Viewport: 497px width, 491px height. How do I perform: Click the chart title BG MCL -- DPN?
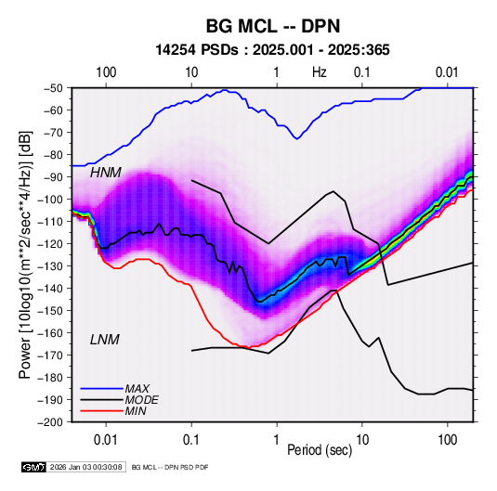273,26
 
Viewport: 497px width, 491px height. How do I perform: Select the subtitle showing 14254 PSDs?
272,50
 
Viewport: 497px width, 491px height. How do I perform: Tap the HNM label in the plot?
106,173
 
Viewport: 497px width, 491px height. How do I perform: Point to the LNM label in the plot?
105,340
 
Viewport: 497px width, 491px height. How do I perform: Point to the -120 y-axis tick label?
53,244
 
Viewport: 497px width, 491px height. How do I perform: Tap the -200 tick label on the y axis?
53,422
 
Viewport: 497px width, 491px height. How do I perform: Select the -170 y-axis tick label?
53,355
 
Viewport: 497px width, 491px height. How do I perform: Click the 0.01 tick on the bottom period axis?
106,440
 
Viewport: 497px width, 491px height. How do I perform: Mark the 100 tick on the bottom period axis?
447,440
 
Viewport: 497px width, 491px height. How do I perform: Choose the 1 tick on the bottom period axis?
277,440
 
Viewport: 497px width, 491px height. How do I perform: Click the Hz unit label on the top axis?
320,72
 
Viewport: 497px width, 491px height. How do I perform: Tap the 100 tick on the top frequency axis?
106,72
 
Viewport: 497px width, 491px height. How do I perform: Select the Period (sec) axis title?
320,450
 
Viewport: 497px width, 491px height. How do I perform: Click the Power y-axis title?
25,255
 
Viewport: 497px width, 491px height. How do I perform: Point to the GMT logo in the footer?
34,467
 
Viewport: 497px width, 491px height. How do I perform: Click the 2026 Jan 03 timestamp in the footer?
85,467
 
